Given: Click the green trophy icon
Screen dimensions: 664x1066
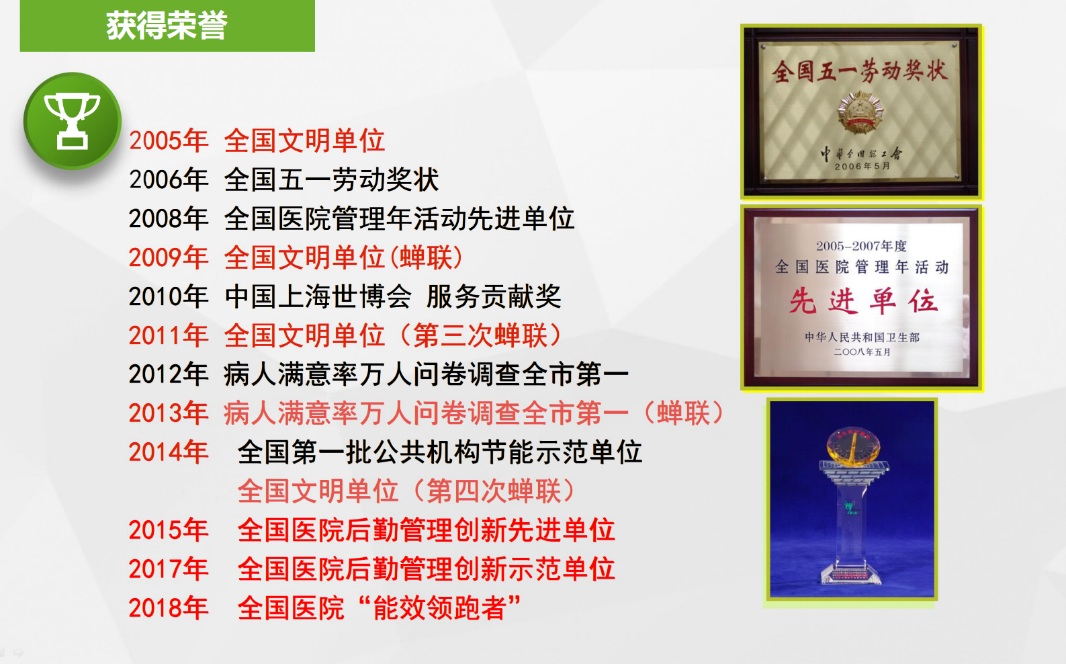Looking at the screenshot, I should pos(72,121).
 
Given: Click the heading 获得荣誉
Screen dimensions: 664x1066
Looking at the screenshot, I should pos(167,26).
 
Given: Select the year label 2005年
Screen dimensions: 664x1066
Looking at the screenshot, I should pos(169,140).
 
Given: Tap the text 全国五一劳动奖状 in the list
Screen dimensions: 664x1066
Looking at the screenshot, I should pos(331,179).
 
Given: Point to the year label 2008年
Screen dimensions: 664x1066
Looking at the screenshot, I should pos(169,218).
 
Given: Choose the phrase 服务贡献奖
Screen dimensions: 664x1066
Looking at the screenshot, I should pos(494,296).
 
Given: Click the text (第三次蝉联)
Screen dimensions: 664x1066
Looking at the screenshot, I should pos(481,335).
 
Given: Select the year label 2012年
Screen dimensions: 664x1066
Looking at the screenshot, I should pos(169,374).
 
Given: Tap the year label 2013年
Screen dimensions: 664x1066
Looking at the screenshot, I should pos(169,413).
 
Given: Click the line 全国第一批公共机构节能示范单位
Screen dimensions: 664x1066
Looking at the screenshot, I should pos(440,452).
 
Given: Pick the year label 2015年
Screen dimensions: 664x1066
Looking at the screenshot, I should pos(169,530).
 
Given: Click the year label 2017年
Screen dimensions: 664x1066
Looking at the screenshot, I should pos(169,569).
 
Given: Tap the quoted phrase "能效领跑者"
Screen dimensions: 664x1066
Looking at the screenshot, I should pos(440,608).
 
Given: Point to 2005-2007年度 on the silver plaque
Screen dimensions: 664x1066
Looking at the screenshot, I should pos(861,246).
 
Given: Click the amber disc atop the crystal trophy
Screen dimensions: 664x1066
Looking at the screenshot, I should pos(852,445).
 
